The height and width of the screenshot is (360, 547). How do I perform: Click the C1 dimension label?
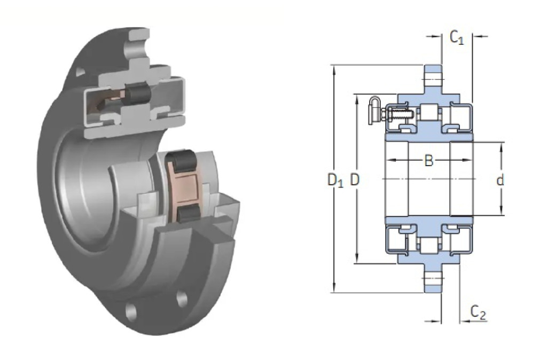[457, 37]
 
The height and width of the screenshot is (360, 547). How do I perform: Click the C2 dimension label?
[478, 312]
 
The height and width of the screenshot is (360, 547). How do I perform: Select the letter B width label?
[429, 161]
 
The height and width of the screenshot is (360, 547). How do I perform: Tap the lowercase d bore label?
[500, 180]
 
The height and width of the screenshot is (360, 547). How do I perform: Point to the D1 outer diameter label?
[335, 180]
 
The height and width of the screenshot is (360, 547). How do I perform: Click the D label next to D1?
[355, 179]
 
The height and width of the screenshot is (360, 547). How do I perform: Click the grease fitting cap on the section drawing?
[374, 110]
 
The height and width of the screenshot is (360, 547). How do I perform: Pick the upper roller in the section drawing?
[429, 113]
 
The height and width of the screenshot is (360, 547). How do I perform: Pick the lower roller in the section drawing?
[429, 246]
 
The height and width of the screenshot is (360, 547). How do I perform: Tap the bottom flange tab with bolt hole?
[433, 278]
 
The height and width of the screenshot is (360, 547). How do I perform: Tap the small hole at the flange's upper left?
[80, 72]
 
